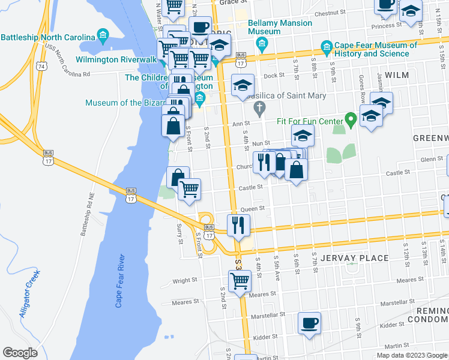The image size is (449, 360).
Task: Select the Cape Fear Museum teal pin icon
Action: pyautogui.click(x=327, y=46)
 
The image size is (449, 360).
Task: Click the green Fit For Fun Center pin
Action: pyautogui.click(x=351, y=121)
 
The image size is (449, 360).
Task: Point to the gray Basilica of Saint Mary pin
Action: pyautogui.click(x=259, y=109)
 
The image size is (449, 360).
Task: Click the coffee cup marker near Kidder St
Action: pyautogui.click(x=310, y=324)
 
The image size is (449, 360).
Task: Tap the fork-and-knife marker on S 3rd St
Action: pyautogui.click(x=238, y=226)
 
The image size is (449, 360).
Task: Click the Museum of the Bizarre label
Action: pyautogui.click(x=124, y=103)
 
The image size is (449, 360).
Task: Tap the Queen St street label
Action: pyautogui.click(x=253, y=209)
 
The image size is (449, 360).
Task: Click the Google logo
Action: pyautogui.click(x=20, y=353)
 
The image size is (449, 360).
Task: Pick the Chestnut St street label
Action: pyautogui.click(x=327, y=13)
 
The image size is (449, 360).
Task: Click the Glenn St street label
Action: pyautogui.click(x=431, y=159)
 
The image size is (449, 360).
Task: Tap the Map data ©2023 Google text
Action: pyautogui.click(x=412, y=355)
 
